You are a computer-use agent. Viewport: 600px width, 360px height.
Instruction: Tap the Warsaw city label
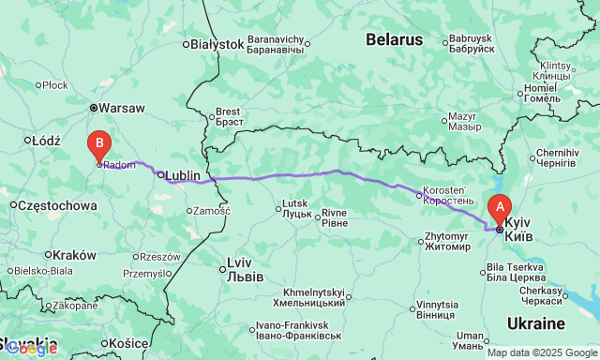121,108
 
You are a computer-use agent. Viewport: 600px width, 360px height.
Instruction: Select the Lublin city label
183,175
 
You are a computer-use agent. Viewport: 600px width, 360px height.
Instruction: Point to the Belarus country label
395,39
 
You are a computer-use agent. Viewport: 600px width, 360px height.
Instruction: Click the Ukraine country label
534,323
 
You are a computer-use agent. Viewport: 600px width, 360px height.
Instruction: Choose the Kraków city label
75,255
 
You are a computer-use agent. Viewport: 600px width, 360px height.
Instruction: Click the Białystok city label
217,44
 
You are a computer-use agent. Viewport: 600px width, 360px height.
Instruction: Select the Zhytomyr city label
447,243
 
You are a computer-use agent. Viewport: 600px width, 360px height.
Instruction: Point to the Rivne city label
335,217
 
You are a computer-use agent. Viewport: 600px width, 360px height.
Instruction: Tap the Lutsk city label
296,209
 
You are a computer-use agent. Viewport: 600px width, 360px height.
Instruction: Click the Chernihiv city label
557,157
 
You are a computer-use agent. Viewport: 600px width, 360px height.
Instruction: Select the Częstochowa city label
58,204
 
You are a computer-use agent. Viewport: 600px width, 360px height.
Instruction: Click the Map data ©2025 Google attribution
541,352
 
